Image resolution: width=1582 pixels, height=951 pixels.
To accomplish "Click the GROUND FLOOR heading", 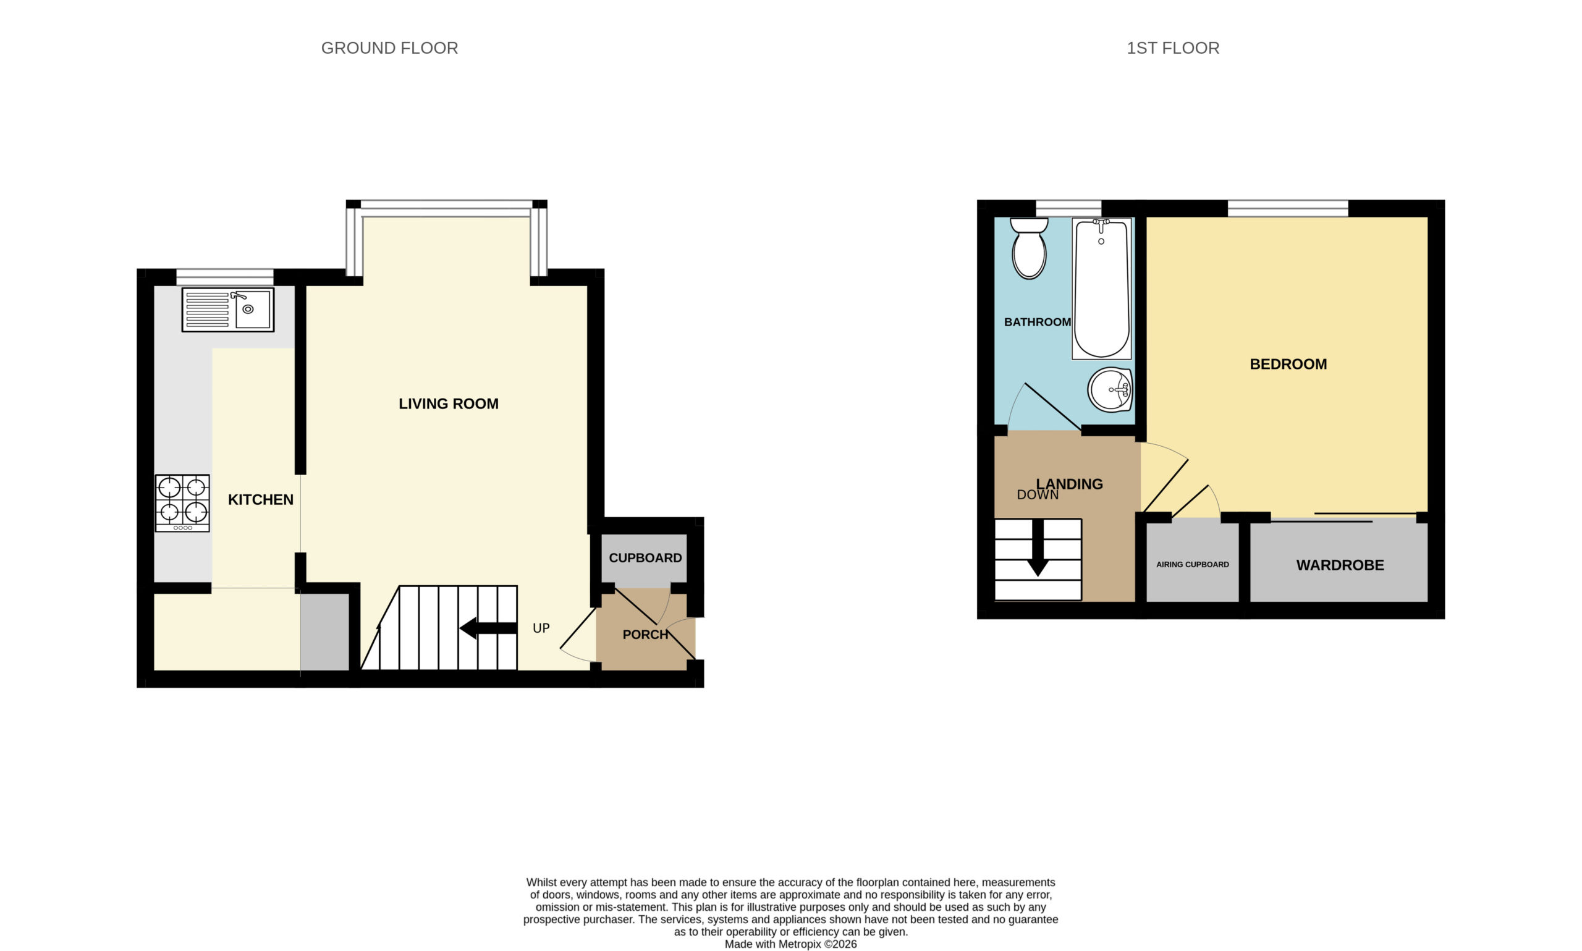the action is tap(389, 48).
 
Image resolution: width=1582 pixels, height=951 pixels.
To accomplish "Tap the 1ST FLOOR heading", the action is tap(1172, 48).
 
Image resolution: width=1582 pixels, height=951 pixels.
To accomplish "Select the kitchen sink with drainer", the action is tap(227, 310).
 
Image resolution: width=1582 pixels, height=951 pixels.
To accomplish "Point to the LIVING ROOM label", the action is tap(449, 404).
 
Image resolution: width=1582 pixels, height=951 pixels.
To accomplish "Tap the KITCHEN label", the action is tap(261, 500).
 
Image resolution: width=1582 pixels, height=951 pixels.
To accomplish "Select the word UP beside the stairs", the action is tap(541, 628).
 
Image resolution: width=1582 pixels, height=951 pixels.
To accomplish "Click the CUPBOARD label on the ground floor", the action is tap(645, 558).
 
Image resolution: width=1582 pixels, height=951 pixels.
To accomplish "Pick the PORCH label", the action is tap(645, 635).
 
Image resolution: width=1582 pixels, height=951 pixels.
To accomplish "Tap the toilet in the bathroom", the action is tap(1029, 248).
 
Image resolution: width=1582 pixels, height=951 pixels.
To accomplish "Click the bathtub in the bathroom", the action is tap(1101, 289).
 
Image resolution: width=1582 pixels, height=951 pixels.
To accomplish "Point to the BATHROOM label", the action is tap(1038, 323).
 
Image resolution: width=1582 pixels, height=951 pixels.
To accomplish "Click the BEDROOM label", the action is tap(1288, 364).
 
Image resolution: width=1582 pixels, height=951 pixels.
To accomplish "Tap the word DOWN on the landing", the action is tap(1038, 495).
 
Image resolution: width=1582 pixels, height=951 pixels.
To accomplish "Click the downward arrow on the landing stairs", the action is tap(1038, 548).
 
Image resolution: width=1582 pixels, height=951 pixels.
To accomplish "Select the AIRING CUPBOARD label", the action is tap(1193, 565).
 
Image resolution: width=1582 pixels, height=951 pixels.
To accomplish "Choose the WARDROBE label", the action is tap(1340, 565).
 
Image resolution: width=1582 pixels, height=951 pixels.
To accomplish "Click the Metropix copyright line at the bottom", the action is tap(790, 944).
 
